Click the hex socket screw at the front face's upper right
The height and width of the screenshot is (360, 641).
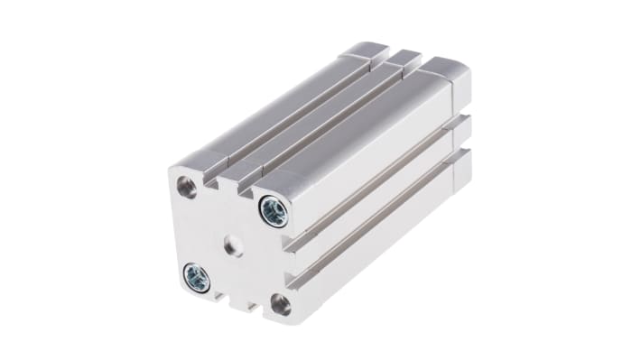click(x=273, y=212)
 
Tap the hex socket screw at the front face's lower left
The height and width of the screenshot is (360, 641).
click(x=196, y=277)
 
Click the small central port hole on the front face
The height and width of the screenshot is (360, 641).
click(x=234, y=245)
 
